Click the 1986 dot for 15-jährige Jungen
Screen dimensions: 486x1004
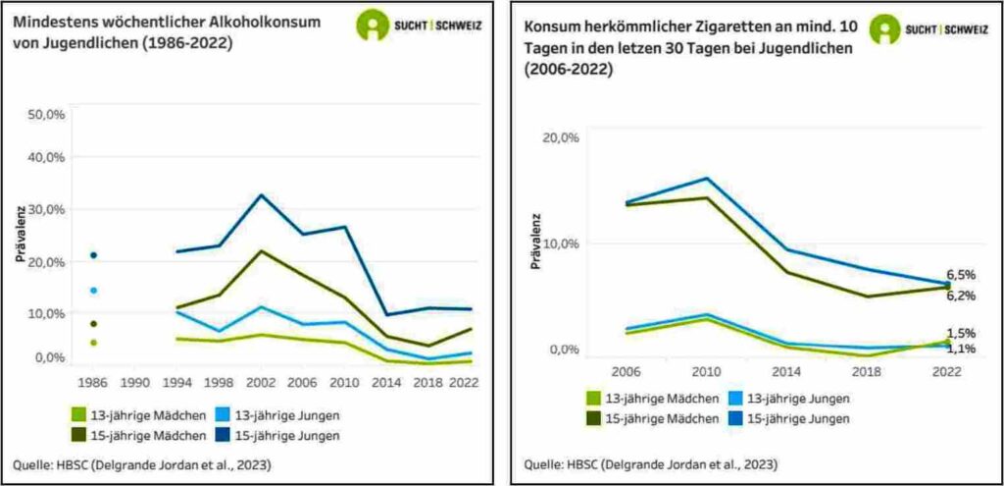tap(93, 255)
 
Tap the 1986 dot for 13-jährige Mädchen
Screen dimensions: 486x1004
tap(93, 343)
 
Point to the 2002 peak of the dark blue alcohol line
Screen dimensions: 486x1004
tap(261, 194)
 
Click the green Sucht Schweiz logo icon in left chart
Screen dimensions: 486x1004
tap(372, 25)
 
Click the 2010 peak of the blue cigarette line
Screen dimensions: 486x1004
tap(705, 179)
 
